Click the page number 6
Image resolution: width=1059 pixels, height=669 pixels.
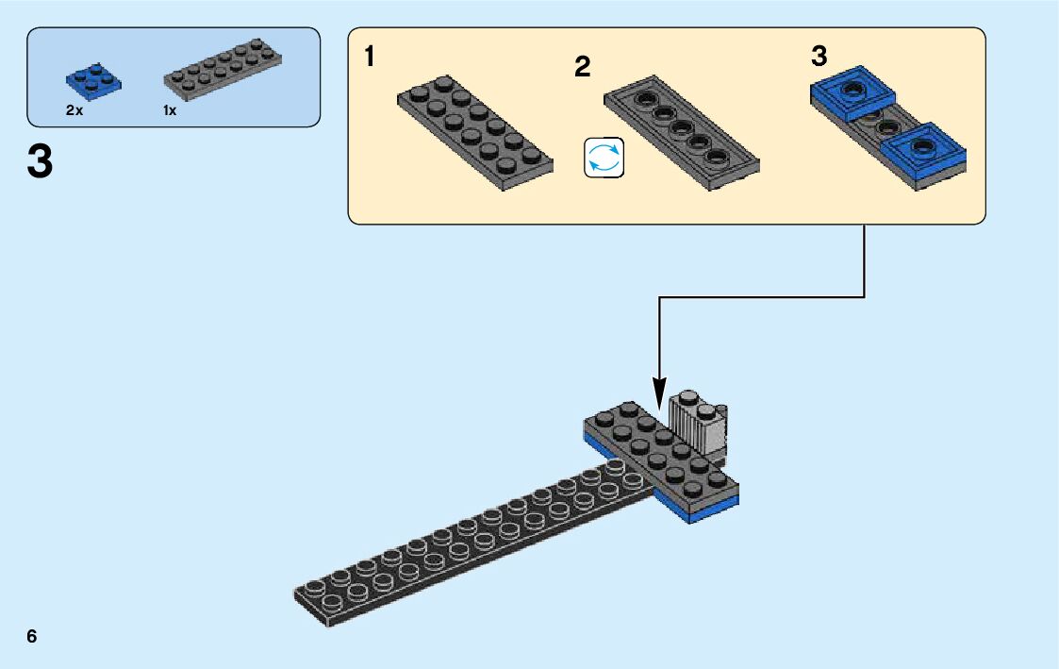pyautogui.click(x=32, y=637)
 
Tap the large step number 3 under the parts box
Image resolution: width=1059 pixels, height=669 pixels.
pyautogui.click(x=40, y=163)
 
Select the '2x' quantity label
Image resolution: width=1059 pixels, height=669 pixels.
pyautogui.click(x=74, y=110)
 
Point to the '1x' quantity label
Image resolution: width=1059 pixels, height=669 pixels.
pyautogui.click(x=170, y=110)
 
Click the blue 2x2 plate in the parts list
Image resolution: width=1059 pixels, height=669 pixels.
pyautogui.click(x=93, y=81)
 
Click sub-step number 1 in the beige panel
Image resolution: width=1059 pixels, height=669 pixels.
pyautogui.click(x=370, y=58)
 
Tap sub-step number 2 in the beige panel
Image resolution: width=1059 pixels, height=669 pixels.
pyautogui.click(x=582, y=67)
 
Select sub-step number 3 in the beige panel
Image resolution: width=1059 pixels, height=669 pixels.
pyautogui.click(x=819, y=57)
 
